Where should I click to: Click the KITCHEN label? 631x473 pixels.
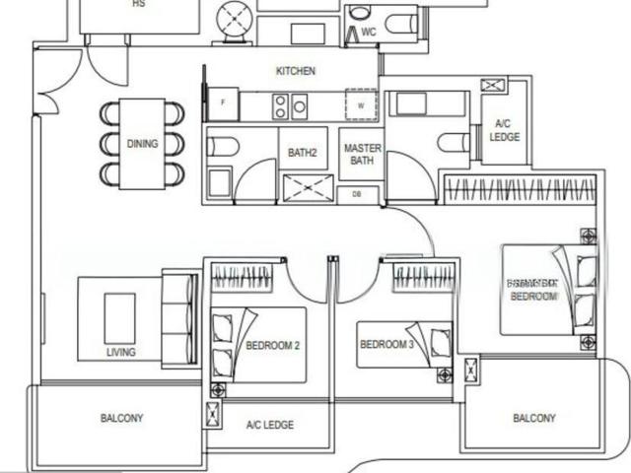coord(295,71)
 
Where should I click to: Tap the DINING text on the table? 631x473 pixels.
coord(142,144)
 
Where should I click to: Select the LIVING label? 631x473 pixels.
coord(121,352)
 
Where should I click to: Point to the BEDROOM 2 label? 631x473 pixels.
coord(272,346)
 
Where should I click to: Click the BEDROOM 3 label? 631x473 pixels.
coord(386,344)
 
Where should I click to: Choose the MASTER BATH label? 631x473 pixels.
coord(362,155)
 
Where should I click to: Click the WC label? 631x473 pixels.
coord(369,33)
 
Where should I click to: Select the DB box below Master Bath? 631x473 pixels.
coord(357,195)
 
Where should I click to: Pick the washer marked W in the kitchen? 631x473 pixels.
coord(361,103)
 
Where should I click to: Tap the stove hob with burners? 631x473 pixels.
coord(290,103)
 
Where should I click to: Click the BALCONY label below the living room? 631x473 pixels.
coord(121,418)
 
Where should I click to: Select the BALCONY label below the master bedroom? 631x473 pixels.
coord(533,418)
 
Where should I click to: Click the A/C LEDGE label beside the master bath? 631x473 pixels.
coord(505,130)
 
